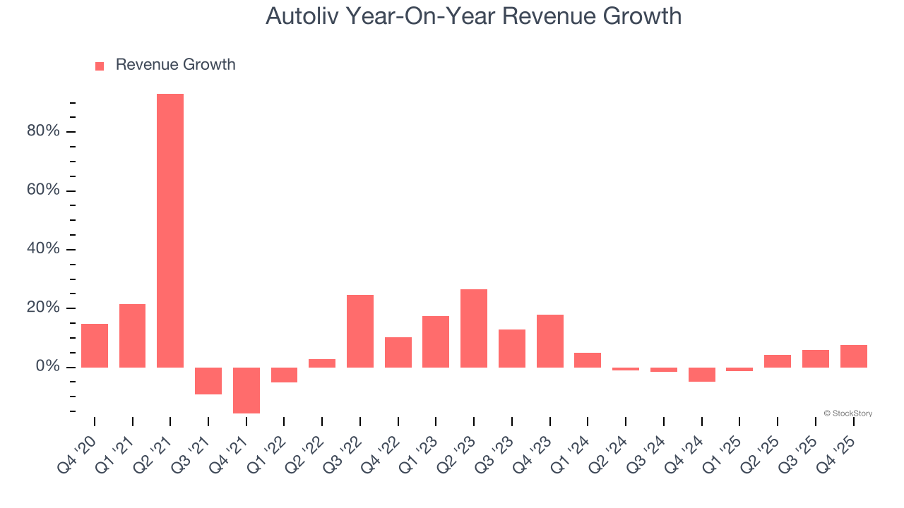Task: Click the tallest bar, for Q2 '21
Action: coord(170,231)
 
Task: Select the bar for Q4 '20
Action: coord(95,346)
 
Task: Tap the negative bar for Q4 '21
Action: coord(246,390)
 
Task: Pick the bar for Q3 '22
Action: coord(360,331)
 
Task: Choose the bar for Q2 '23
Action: coord(474,328)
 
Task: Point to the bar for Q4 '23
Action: coord(550,341)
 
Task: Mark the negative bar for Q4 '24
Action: coord(702,375)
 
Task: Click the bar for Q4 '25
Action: coord(854,356)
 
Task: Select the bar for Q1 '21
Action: coord(133,336)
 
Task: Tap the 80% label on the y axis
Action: coord(43,132)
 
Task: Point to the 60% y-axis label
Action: coord(43,191)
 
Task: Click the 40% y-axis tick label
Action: coord(43,250)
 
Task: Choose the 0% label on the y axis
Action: coord(47,367)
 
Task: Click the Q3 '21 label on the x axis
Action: coord(196,444)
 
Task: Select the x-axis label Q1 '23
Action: coord(423,444)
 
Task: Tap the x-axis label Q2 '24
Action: coord(613,444)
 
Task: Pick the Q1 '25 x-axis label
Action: coord(727,444)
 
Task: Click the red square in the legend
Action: coord(100,66)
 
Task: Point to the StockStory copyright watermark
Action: coord(847,413)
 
